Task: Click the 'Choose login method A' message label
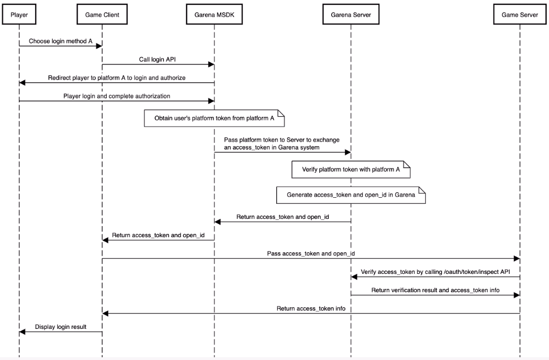61,41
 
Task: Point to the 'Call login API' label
158,59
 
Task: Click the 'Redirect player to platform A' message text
117,78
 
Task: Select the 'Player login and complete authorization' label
116,96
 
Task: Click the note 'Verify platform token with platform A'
351,169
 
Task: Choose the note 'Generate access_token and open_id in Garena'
351,195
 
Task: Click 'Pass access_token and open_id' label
311,253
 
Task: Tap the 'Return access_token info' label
311,308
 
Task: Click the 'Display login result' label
61,327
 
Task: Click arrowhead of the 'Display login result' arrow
22,332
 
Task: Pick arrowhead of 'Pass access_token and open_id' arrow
516,258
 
